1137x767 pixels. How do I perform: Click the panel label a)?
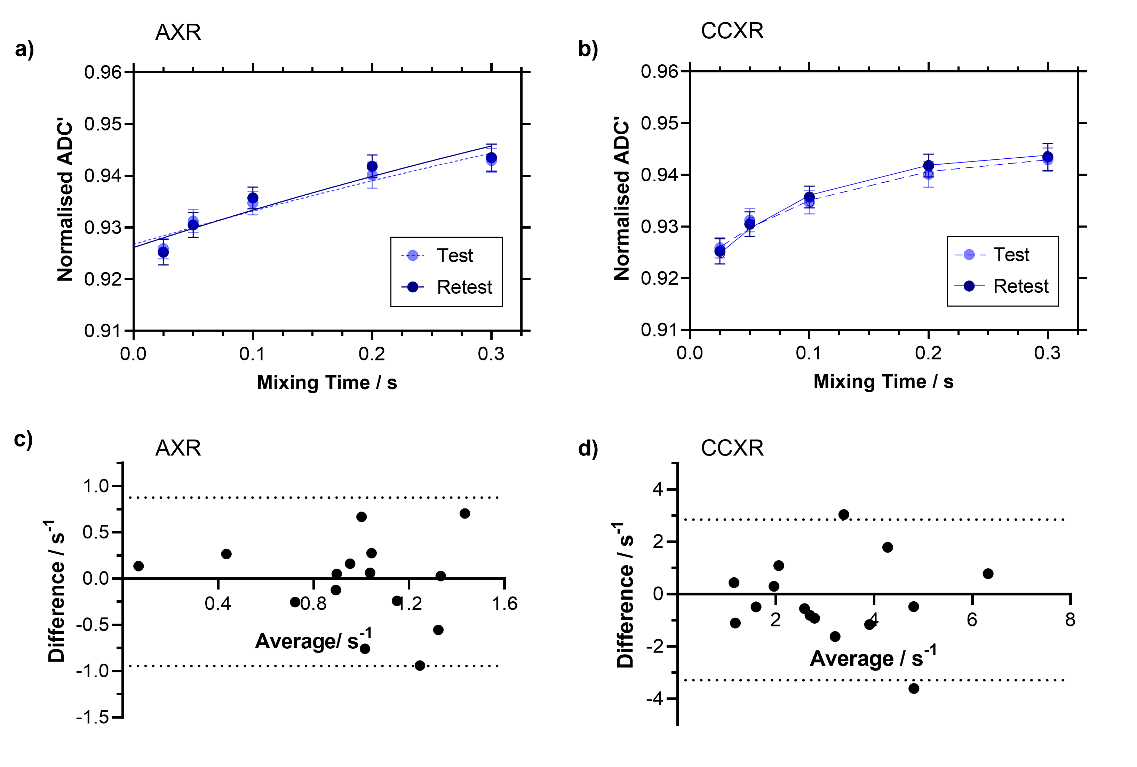(24, 49)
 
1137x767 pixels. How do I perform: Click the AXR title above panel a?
(178, 32)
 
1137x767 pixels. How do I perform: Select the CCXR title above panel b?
(732, 31)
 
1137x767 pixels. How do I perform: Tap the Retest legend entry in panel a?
(464, 287)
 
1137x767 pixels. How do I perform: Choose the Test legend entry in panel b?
(1011, 255)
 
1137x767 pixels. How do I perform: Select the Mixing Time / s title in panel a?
(327, 382)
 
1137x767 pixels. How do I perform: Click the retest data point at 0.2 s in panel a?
(372, 166)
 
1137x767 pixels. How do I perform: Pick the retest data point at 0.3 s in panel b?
(1048, 157)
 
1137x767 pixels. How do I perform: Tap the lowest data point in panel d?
(914, 688)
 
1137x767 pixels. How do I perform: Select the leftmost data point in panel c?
(138, 566)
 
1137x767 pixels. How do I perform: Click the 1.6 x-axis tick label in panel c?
(504, 604)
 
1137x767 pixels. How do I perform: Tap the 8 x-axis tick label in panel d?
(1070, 620)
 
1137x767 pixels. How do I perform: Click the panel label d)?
(588, 448)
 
